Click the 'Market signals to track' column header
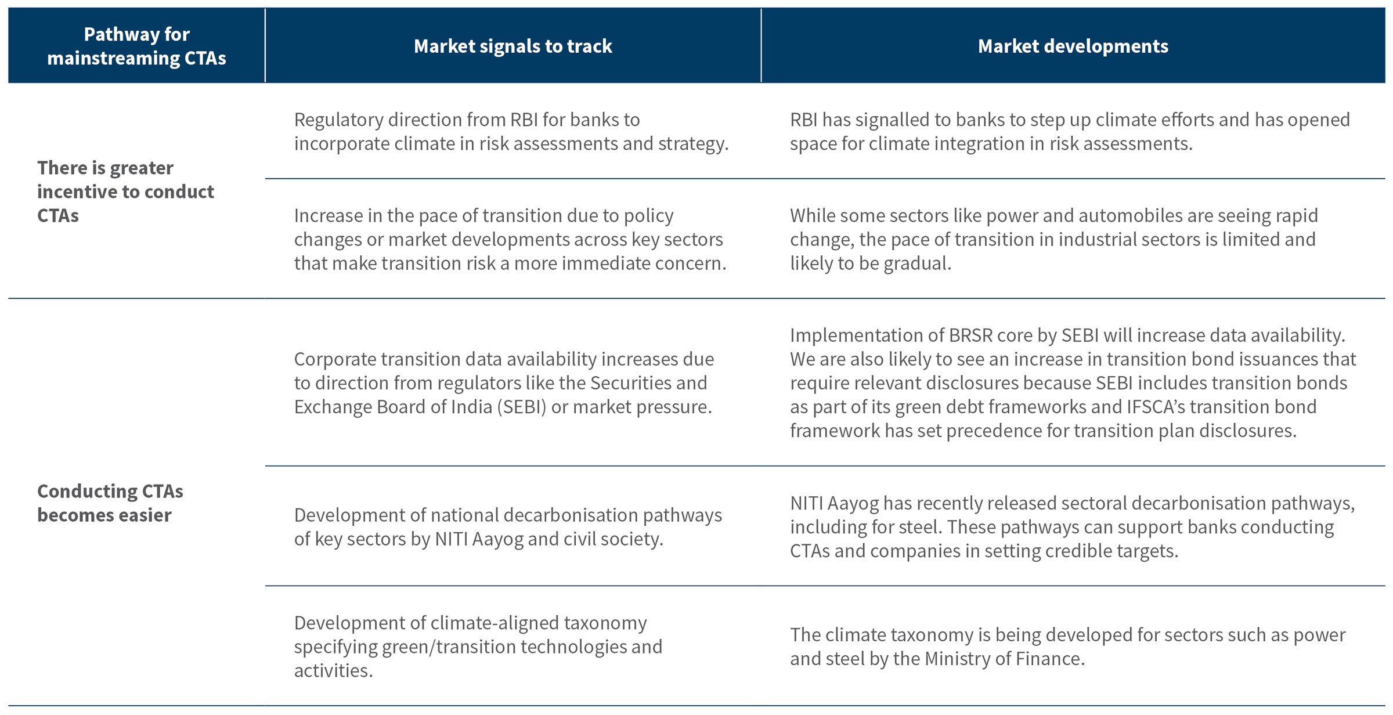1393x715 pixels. [513, 46]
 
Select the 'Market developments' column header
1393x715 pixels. [1073, 46]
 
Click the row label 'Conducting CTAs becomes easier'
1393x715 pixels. [110, 503]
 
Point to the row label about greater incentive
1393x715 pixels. [125, 192]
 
